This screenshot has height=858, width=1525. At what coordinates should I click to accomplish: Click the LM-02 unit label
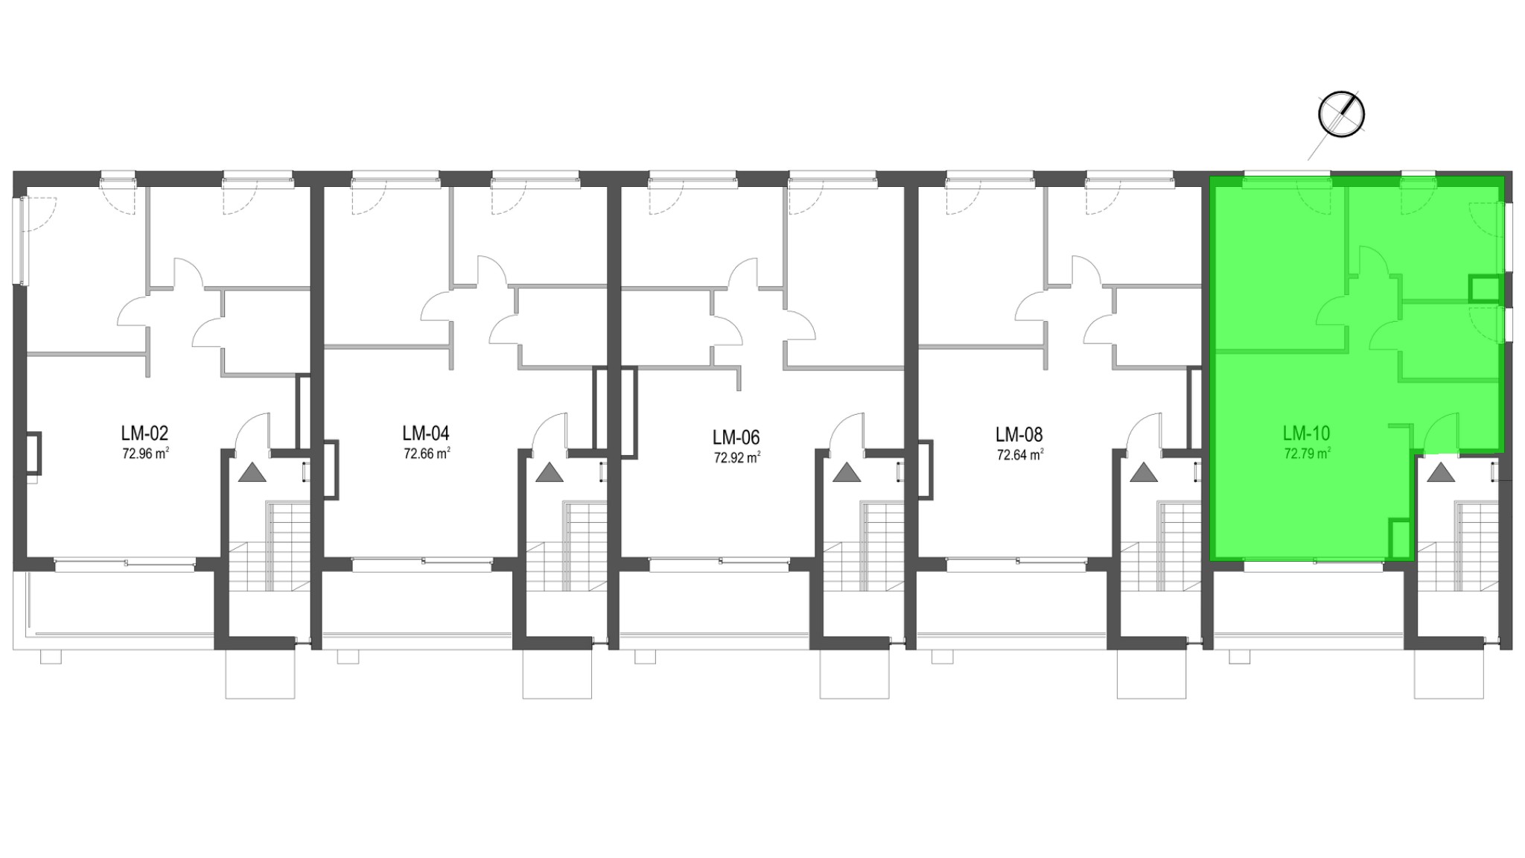pyautogui.click(x=145, y=433)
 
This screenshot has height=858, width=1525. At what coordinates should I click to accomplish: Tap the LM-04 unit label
pyautogui.click(x=426, y=433)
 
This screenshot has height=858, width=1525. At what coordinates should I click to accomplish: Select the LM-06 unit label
pyautogui.click(x=736, y=436)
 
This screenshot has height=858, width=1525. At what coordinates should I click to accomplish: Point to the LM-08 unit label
pyautogui.click(x=1019, y=433)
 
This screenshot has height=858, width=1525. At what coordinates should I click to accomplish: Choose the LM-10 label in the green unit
pyautogui.click(x=1306, y=433)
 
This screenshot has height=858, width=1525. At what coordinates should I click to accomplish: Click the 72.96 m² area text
pyautogui.click(x=145, y=454)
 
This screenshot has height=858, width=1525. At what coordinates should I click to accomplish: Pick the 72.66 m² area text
pyautogui.click(x=427, y=454)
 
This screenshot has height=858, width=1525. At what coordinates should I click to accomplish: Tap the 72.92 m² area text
pyautogui.click(x=736, y=457)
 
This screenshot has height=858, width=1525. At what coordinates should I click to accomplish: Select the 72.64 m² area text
pyautogui.click(x=1020, y=454)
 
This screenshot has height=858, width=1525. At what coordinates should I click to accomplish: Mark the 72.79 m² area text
pyautogui.click(x=1307, y=453)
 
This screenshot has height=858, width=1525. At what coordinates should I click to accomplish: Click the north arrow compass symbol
pyautogui.click(x=1341, y=115)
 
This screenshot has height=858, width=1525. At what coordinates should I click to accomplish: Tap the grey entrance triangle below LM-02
pyautogui.click(x=252, y=472)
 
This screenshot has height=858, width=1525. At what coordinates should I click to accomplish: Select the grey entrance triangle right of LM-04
pyautogui.click(x=549, y=472)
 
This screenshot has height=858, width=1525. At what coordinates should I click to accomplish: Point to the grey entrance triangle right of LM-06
pyautogui.click(x=846, y=472)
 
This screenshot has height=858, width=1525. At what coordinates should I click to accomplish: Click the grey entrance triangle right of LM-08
pyautogui.click(x=1143, y=472)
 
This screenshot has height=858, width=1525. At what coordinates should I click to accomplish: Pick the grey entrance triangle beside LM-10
pyautogui.click(x=1440, y=472)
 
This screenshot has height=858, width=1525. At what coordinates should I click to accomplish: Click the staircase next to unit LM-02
pyautogui.click(x=268, y=547)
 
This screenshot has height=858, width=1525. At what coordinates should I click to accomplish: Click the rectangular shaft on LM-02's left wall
pyautogui.click(x=34, y=453)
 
